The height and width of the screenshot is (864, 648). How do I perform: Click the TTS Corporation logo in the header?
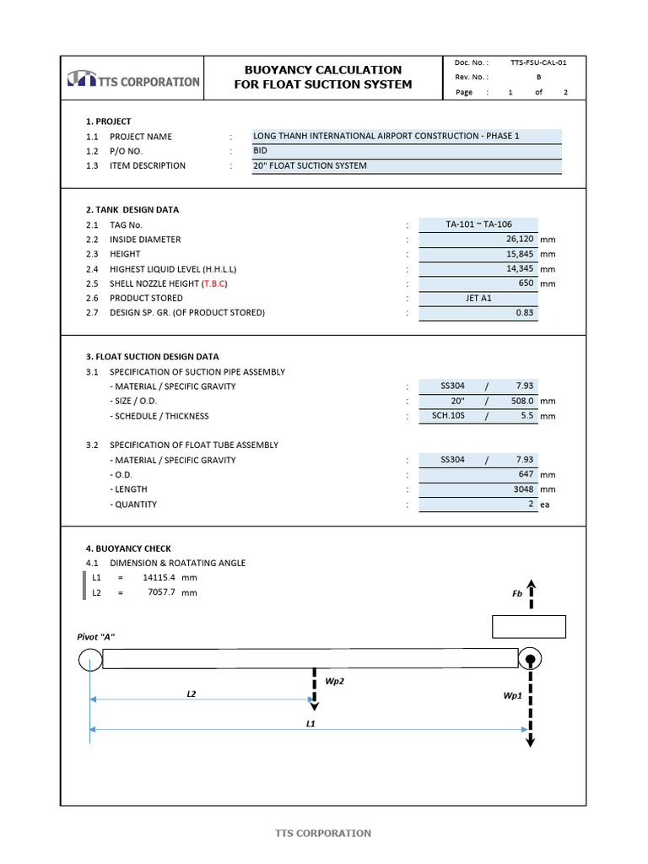[133, 80]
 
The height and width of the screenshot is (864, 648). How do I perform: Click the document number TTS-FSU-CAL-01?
[539, 62]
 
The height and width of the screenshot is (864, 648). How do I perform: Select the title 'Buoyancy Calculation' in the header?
[322, 69]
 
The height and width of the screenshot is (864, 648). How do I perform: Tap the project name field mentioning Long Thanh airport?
[386, 136]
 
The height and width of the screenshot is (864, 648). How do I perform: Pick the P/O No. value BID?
[260, 150]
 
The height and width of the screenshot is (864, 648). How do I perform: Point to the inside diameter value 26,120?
[516, 239]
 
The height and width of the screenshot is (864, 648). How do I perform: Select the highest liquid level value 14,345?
[516, 268]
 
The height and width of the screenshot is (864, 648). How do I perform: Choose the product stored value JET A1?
[478, 298]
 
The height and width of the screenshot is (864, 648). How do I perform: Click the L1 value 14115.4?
[159, 578]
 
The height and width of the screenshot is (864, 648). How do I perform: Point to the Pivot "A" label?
[96, 636]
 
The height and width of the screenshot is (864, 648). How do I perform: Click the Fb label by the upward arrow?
[517, 593]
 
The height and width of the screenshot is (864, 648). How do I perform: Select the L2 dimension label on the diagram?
[192, 693]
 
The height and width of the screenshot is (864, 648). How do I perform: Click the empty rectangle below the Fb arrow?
[528, 627]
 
